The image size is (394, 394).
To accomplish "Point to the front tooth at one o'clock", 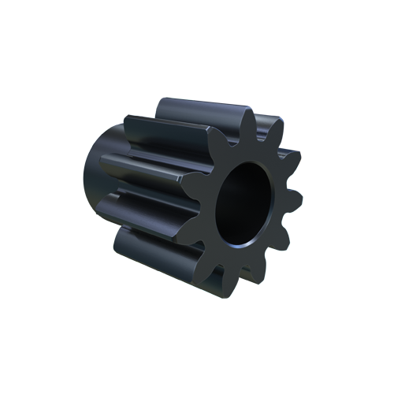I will tap(275, 125).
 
